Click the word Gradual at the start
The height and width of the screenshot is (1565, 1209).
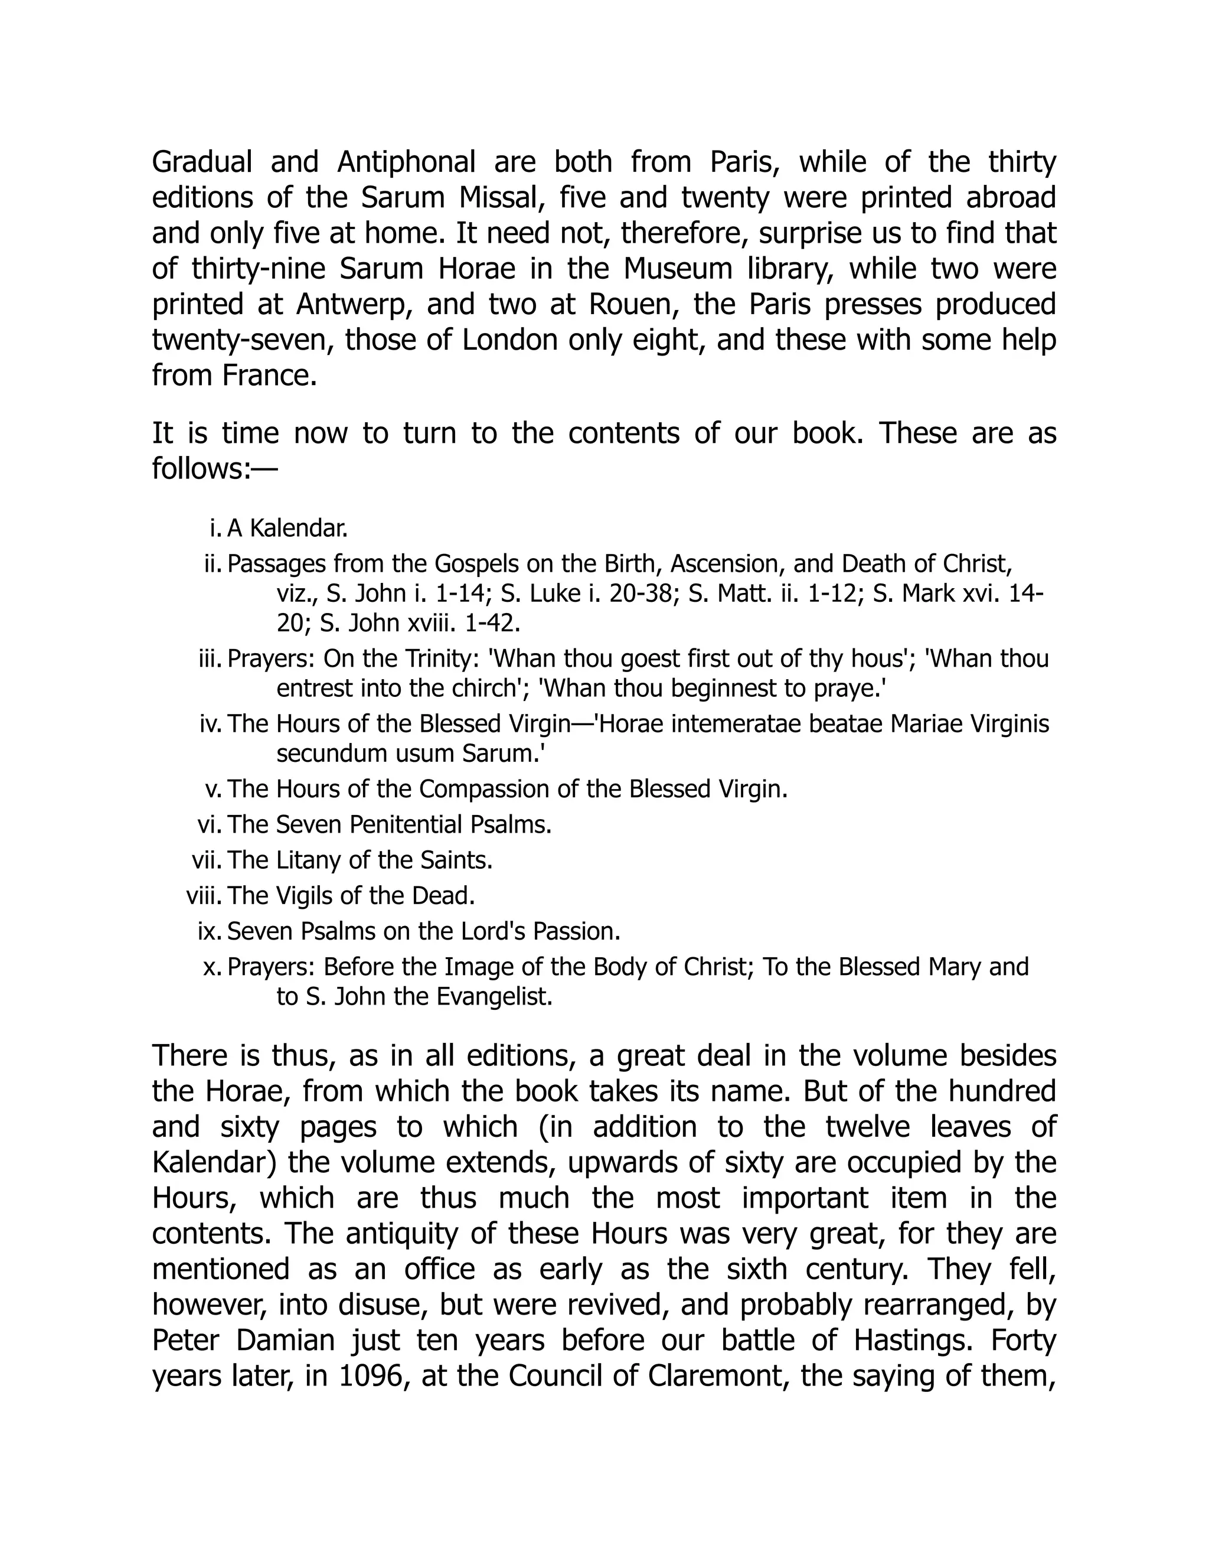coord(202,162)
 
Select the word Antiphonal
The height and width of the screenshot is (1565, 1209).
coord(406,162)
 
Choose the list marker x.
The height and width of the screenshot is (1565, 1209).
coord(212,967)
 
